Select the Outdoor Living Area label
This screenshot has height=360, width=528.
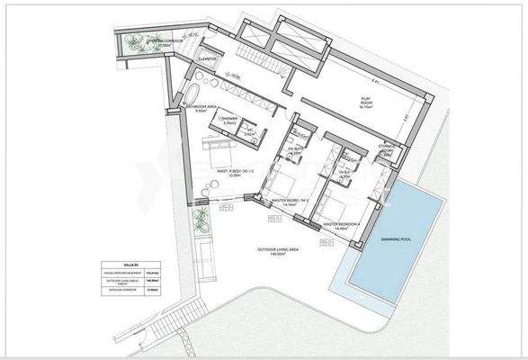(x=269, y=253)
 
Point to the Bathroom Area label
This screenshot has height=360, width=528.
(x=203, y=107)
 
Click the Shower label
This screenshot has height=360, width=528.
(x=230, y=120)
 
